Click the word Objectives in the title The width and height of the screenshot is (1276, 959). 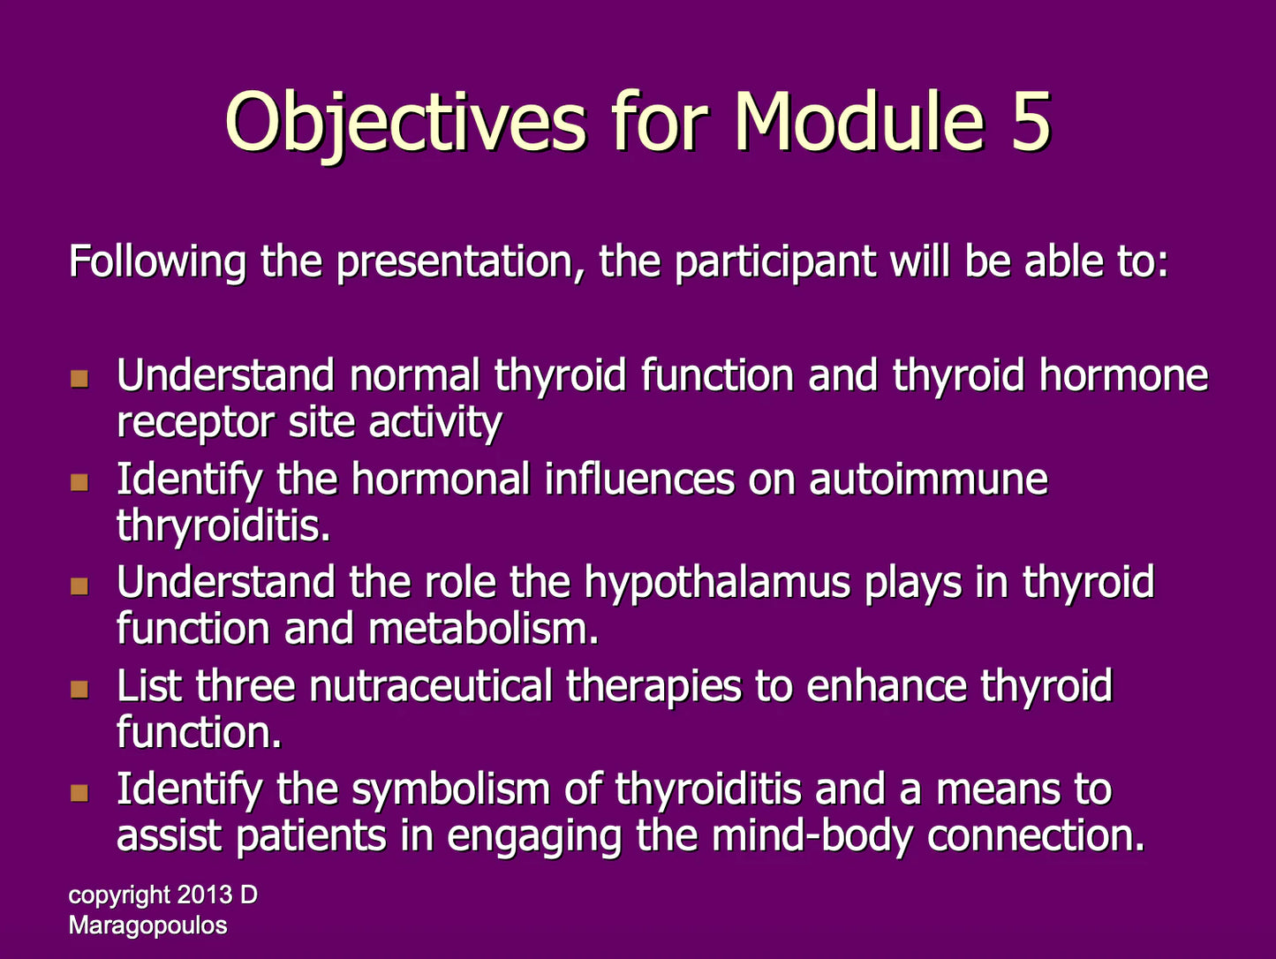click(405, 124)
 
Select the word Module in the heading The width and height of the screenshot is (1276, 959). click(860, 121)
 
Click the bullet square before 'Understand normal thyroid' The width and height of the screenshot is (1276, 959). click(79, 379)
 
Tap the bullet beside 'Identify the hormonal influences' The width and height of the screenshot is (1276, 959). click(79, 482)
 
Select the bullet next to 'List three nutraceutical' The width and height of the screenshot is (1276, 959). click(79, 690)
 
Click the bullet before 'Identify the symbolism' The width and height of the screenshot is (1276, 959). click(79, 793)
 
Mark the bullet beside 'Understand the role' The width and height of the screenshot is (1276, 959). click(79, 585)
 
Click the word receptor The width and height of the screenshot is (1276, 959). click(195, 424)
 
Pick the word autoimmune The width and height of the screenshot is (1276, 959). click(928, 480)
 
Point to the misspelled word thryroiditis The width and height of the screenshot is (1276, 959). click(223, 526)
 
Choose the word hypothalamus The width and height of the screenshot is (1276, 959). click(717, 584)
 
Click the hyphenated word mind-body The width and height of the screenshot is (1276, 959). click(812, 837)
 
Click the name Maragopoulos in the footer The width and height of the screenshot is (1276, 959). click(147, 925)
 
